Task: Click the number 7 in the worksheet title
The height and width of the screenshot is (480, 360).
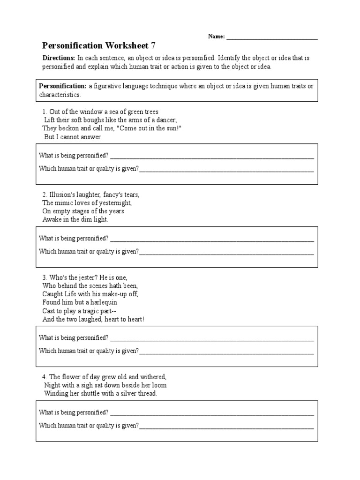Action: coord(153,45)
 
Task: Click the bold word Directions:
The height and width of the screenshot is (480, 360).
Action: coord(59,58)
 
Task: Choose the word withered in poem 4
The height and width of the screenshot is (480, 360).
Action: coord(151,377)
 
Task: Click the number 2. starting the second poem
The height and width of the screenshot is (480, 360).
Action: coord(45,195)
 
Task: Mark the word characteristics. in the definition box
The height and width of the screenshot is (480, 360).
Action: coord(60,95)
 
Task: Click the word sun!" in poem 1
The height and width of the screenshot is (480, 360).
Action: coord(172,128)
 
